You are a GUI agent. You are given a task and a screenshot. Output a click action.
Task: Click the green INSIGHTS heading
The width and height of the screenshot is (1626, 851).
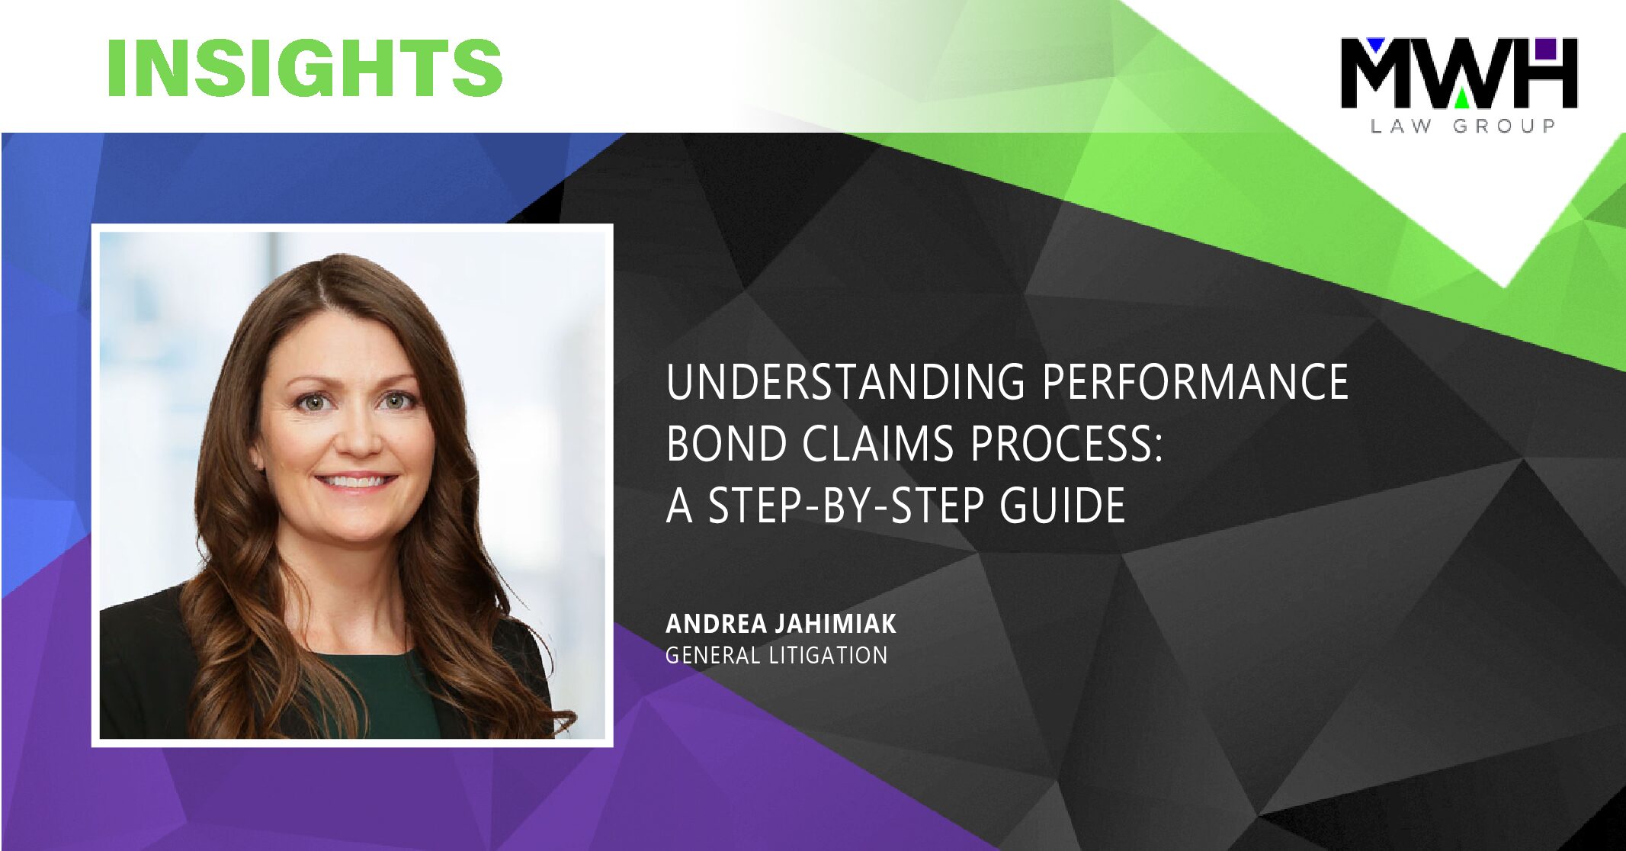[x=305, y=67]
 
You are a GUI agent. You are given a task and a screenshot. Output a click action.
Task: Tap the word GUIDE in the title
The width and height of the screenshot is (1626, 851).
[x=1063, y=505]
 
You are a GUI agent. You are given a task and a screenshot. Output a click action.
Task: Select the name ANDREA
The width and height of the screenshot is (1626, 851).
[x=717, y=624]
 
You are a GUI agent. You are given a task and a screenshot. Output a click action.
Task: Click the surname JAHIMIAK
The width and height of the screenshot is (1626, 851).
[x=835, y=624]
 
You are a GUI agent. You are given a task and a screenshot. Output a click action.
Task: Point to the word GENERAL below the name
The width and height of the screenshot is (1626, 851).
[x=713, y=655]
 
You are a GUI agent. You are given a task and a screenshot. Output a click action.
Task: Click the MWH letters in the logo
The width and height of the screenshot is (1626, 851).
[x=1459, y=73]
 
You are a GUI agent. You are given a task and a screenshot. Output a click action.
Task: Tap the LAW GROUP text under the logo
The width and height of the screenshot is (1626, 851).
[x=1463, y=126]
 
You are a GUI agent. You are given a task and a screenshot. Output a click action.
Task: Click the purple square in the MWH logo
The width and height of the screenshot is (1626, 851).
[x=1545, y=49]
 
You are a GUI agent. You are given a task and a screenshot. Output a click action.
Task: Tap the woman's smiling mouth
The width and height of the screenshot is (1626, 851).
[x=356, y=481]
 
